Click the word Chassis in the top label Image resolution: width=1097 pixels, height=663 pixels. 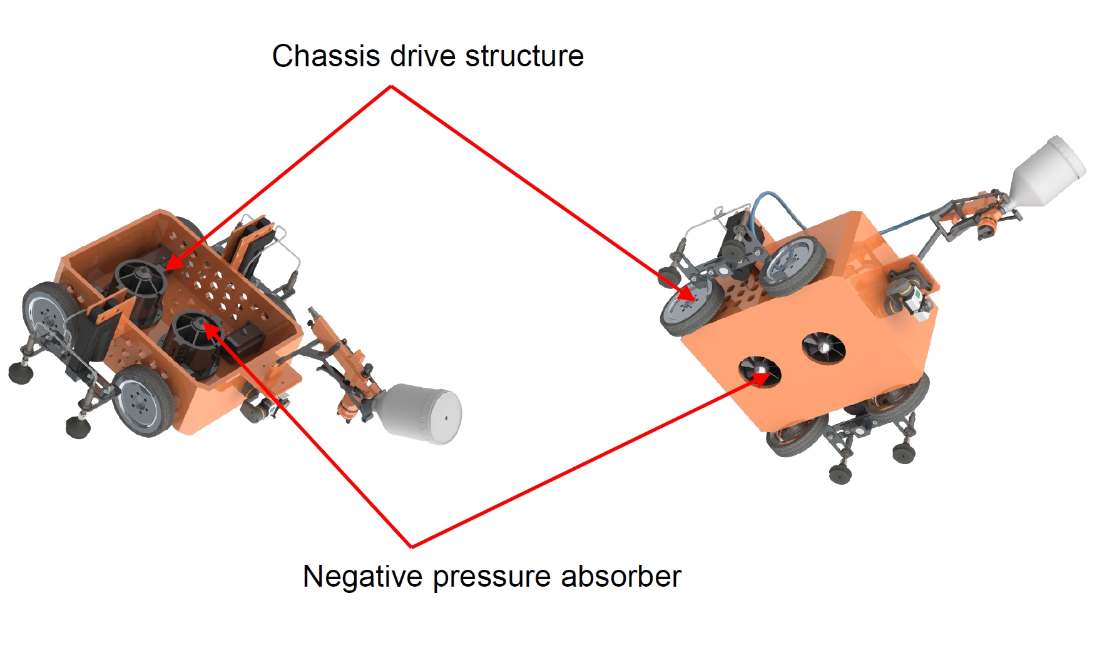tap(325, 56)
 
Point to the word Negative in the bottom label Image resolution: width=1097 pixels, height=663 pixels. tap(362, 576)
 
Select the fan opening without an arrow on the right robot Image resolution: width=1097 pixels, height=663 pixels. tap(823, 347)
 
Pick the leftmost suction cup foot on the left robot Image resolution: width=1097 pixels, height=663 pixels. tap(20, 373)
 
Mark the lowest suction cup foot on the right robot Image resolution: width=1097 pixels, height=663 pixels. tap(840, 473)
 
